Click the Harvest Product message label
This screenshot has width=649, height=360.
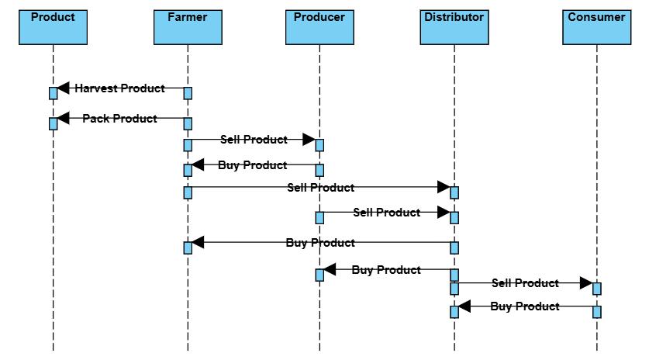tap(119, 88)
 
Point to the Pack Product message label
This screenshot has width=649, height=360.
tap(119, 119)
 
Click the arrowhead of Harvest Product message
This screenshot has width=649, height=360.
tap(63, 88)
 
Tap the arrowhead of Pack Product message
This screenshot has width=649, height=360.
tap(63, 119)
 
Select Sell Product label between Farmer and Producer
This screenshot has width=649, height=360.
tap(254, 140)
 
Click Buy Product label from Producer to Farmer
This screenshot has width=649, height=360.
tap(253, 164)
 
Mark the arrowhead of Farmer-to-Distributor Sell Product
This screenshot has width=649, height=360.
tap(444, 187)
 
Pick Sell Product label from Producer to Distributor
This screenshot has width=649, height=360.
tap(386, 212)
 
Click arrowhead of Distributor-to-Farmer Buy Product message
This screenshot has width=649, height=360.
tap(197, 243)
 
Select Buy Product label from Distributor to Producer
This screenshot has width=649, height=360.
tap(386, 270)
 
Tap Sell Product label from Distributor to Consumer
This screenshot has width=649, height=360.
tap(525, 283)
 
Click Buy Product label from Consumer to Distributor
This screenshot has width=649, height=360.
tap(525, 306)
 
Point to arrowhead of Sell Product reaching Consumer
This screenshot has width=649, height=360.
tap(586, 283)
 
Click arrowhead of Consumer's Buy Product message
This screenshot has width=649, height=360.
tap(464, 306)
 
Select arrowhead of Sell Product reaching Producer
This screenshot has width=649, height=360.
tap(309, 140)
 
